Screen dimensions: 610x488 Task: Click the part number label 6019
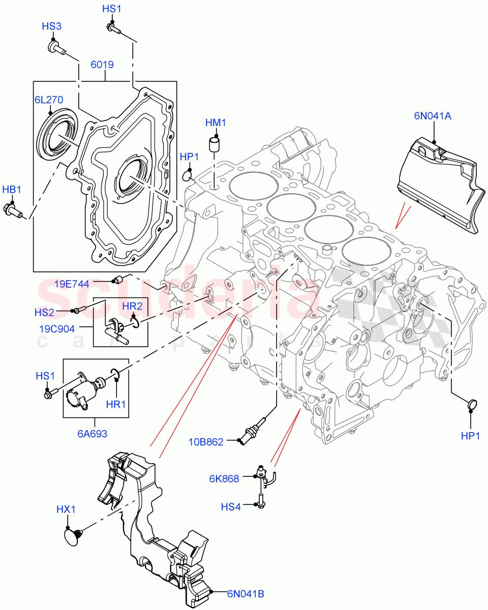coord(102,65)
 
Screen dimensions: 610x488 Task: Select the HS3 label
coord(52,26)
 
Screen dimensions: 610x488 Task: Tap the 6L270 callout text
coord(48,100)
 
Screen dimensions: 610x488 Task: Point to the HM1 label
coord(216,123)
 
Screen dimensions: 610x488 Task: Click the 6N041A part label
coord(433,116)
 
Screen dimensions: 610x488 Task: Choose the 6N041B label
coord(245,593)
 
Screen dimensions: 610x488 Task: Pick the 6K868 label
coord(224,478)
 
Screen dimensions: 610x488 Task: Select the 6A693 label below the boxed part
coord(93,434)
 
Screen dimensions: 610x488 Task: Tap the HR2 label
coord(132,306)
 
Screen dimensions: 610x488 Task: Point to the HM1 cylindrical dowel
coord(215,144)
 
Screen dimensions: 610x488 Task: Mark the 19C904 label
coord(57,328)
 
